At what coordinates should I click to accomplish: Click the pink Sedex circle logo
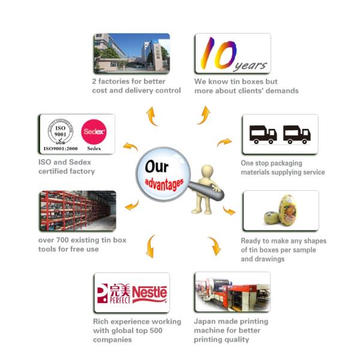(x=93, y=130)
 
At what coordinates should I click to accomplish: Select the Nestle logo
(x=149, y=293)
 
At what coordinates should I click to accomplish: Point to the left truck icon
(x=262, y=134)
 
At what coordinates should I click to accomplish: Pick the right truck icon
(x=298, y=134)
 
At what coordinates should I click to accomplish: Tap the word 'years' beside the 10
(x=253, y=64)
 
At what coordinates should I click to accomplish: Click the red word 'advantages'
(x=163, y=184)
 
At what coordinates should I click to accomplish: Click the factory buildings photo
(x=131, y=53)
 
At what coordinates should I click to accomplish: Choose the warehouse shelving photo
(x=76, y=210)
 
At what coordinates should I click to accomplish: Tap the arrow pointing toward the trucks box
(x=224, y=142)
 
